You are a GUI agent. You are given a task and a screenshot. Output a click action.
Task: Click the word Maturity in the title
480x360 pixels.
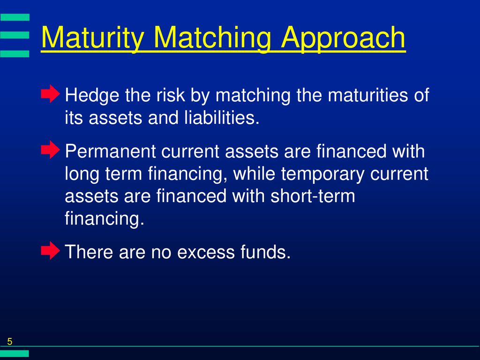point(92,37)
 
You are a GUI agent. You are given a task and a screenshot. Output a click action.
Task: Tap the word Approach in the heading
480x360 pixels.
point(343,38)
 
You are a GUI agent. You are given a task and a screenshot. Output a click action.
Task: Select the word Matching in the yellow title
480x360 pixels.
point(212,38)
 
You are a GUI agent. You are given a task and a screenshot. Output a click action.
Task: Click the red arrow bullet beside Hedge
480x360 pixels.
point(51,94)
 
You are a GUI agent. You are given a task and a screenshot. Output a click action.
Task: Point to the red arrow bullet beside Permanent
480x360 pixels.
point(51,150)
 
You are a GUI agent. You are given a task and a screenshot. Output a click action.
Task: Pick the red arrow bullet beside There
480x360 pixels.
point(51,250)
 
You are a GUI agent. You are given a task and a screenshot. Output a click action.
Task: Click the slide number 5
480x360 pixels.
point(10,341)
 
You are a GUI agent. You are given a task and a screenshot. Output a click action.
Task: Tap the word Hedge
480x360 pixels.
point(92,96)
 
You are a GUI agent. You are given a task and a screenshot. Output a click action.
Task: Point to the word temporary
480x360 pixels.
point(322,174)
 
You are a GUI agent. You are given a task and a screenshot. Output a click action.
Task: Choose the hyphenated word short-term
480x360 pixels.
point(313,196)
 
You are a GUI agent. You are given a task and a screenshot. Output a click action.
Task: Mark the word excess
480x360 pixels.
point(206,252)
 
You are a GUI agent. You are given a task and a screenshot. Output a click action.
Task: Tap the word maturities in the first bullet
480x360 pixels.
point(367,95)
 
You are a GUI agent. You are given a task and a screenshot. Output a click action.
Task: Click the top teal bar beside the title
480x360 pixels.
point(15,17)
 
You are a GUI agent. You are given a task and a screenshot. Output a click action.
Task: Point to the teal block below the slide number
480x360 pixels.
point(15,353)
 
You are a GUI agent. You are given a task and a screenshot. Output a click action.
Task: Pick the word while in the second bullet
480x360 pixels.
point(254,173)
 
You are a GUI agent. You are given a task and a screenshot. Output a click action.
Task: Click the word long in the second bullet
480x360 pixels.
point(82,174)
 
